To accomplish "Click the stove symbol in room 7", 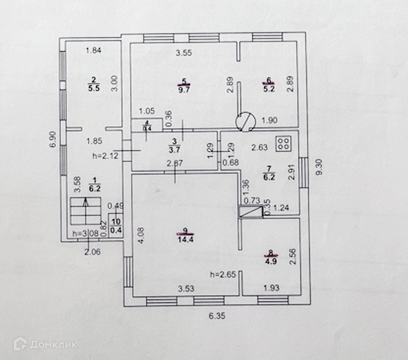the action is tap(283, 144).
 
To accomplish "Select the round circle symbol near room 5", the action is tap(245, 122).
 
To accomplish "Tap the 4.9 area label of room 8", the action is tap(271, 260).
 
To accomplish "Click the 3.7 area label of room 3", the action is tap(174, 150).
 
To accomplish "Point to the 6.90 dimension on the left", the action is tap(53, 140).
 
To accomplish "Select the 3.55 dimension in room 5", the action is tap(184, 53).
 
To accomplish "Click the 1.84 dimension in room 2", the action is tap(93, 50).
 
